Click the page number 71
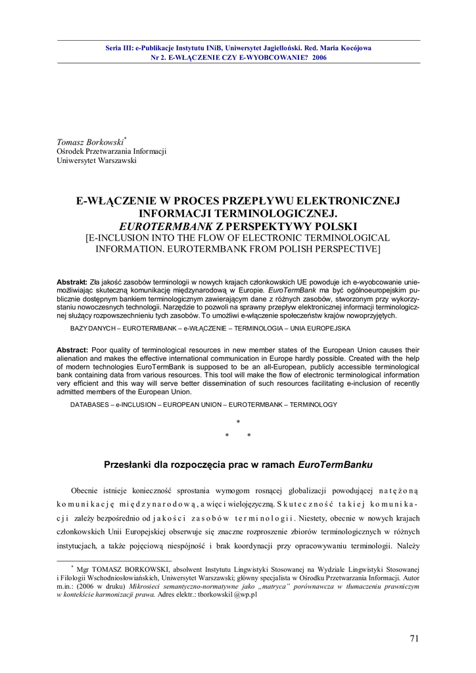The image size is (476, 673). pyautogui.click(x=414, y=638)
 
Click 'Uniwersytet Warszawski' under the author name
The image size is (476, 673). pyautogui.click(x=97, y=160)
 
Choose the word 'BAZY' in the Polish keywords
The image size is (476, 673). pyautogui.click(x=81, y=327)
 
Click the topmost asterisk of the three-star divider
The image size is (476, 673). pyautogui.click(x=238, y=421)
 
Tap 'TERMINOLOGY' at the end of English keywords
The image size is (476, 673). pyautogui.click(x=314, y=404)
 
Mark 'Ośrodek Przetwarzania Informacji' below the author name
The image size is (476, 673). pyautogui.click(x=111, y=151)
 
